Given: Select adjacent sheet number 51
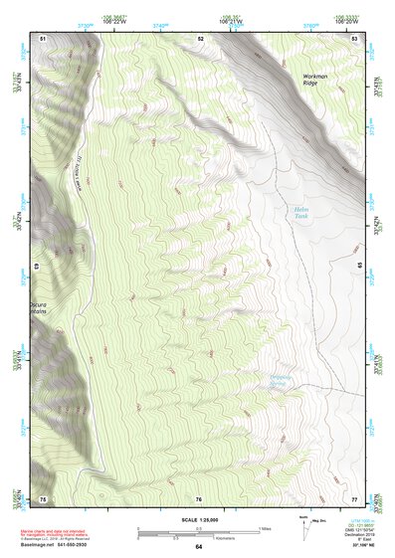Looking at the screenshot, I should [43, 37].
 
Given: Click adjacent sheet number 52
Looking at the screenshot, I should [200, 37].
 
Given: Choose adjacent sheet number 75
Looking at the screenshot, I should [43, 497].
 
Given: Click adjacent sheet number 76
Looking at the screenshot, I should [199, 497].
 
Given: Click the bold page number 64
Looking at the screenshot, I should [198, 547].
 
